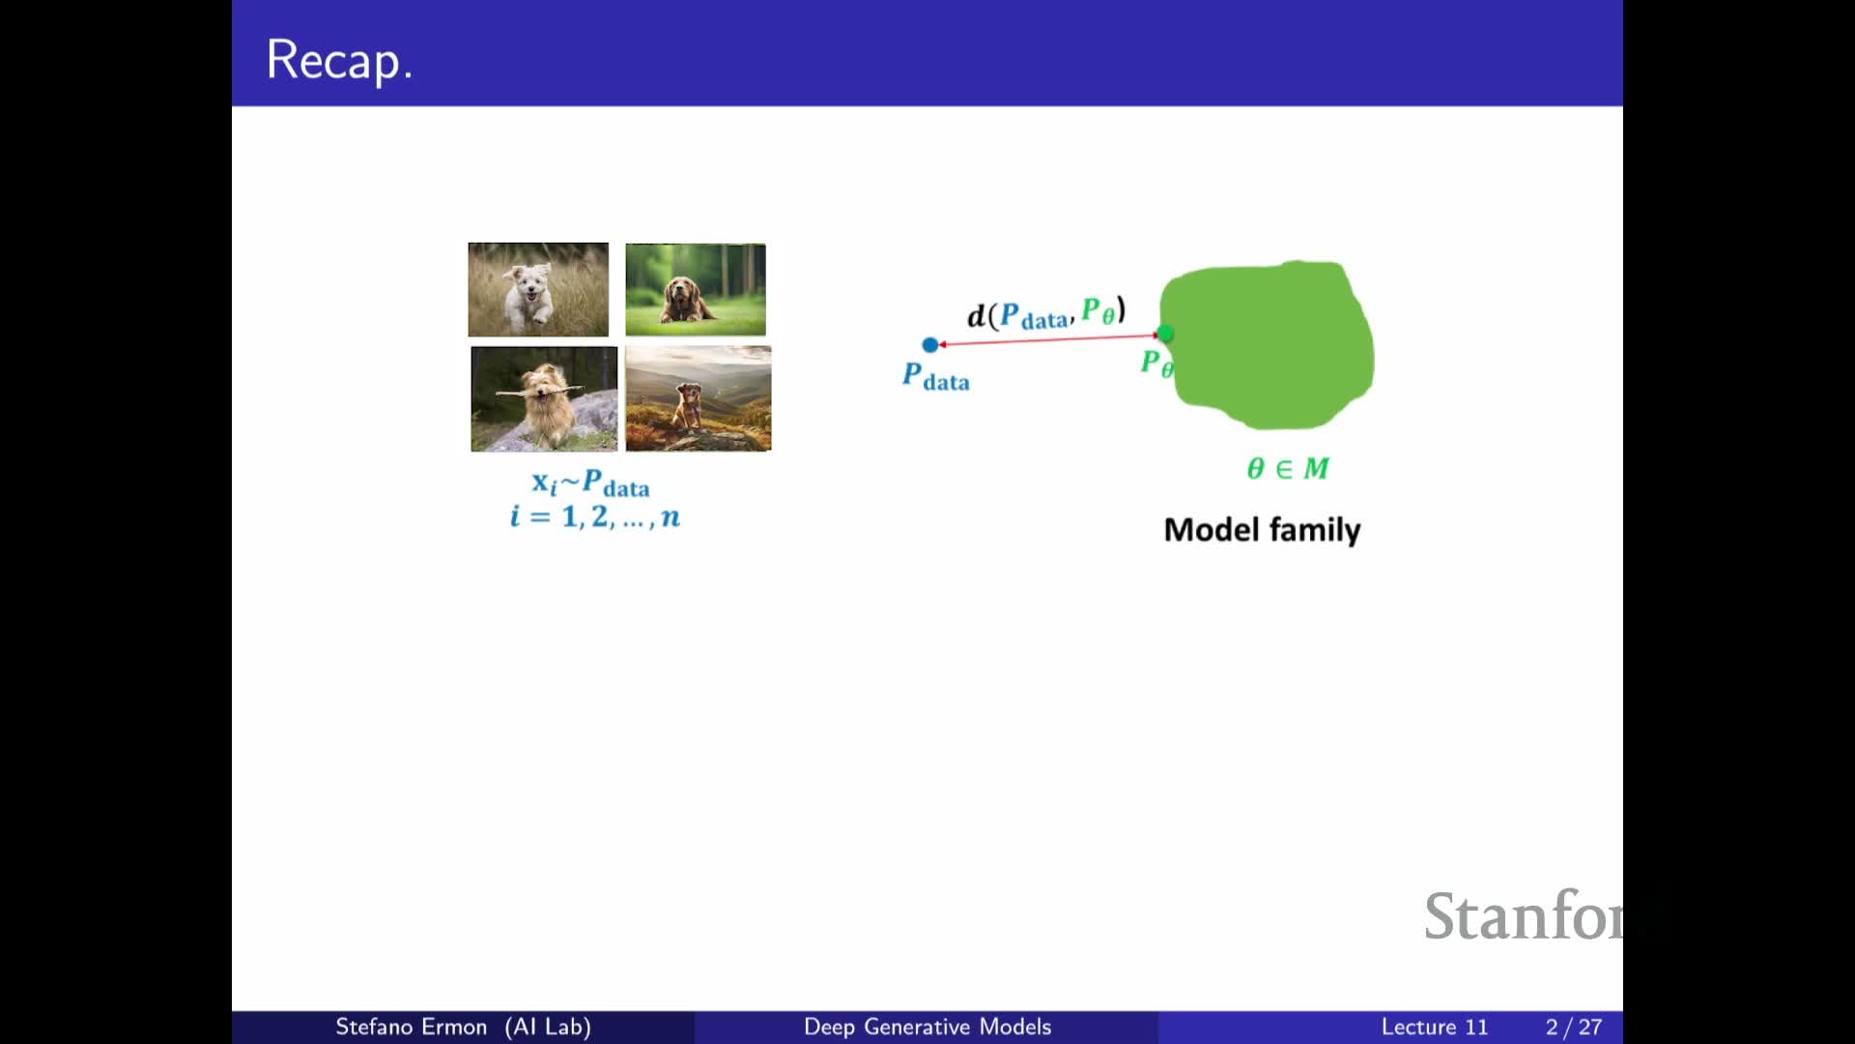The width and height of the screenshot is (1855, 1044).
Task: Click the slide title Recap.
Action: tap(339, 60)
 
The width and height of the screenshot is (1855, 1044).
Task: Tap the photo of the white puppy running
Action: tap(538, 289)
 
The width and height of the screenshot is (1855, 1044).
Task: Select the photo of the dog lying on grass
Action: tap(696, 289)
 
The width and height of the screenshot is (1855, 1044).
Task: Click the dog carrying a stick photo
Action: tap(544, 398)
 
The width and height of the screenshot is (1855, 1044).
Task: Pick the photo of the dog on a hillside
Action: tap(699, 398)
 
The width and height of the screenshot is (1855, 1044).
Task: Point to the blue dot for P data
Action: tap(930, 344)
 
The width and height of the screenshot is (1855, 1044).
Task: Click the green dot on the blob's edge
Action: tap(1165, 333)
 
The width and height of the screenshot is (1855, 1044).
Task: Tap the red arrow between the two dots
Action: tap(1048, 339)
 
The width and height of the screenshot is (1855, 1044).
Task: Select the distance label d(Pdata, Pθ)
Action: tap(1046, 313)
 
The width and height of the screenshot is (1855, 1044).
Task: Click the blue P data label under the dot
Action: tap(935, 376)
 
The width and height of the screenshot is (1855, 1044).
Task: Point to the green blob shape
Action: tap(1267, 344)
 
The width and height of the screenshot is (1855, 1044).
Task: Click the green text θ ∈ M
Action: tap(1288, 469)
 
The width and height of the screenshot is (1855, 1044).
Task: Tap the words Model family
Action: tap(1262, 530)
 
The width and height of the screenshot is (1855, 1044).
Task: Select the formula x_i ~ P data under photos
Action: tap(590, 482)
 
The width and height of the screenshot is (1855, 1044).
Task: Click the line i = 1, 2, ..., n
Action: tap(595, 516)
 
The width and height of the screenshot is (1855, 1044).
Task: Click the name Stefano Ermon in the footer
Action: tap(411, 1027)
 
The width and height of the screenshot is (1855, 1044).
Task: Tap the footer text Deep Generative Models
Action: tap(927, 1027)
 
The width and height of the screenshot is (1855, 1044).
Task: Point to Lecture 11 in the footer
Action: tap(1435, 1027)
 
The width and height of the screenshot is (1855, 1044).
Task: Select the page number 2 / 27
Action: tap(1574, 1027)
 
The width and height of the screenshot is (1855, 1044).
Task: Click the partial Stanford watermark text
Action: tap(1524, 915)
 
